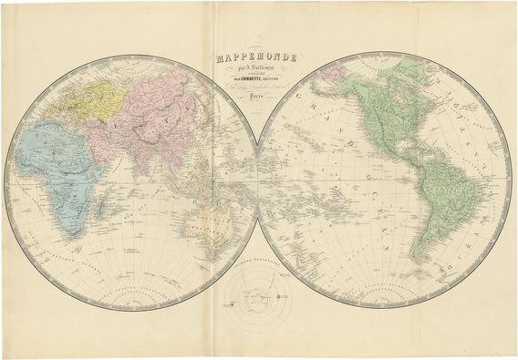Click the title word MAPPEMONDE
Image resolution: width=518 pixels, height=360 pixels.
coord(259,59)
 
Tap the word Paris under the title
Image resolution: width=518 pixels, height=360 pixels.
coord(259,105)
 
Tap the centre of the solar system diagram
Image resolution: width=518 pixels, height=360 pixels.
coord(259,299)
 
